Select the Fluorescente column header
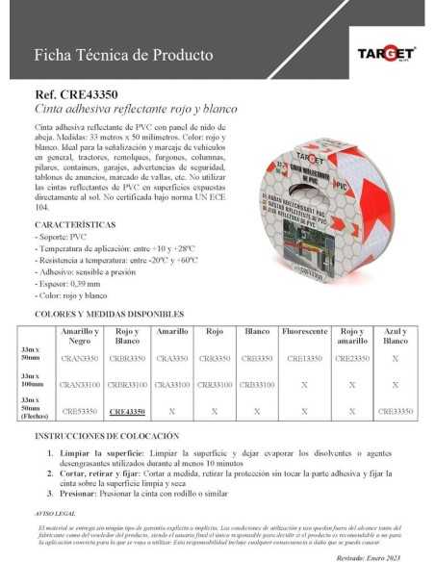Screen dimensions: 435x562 click(305, 330)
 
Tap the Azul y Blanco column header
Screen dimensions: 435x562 click(395, 335)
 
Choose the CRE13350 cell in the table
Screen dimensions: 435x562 click(304, 358)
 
